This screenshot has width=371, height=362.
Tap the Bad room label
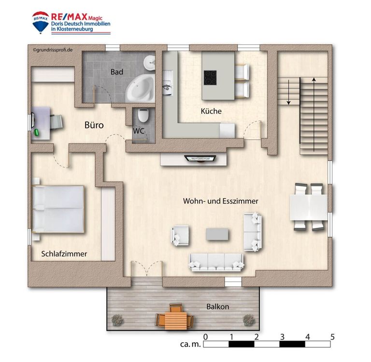117,72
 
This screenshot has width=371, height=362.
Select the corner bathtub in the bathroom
140,89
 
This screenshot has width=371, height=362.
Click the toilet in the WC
143,115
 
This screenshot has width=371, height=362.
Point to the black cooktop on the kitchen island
210,78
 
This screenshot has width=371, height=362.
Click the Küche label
211,111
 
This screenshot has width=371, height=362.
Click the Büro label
94,125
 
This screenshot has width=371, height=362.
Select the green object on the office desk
37,133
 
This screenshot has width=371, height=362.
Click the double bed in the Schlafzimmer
58,209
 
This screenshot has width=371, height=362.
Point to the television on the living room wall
200,159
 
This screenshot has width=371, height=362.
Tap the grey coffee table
217,234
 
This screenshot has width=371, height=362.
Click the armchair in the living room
180,236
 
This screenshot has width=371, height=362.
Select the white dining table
309,207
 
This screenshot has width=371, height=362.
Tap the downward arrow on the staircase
289,92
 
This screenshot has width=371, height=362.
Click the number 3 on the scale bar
282,337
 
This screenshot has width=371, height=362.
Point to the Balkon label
218,307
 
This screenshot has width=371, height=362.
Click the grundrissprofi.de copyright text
53,50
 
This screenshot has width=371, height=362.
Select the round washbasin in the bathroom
150,63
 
